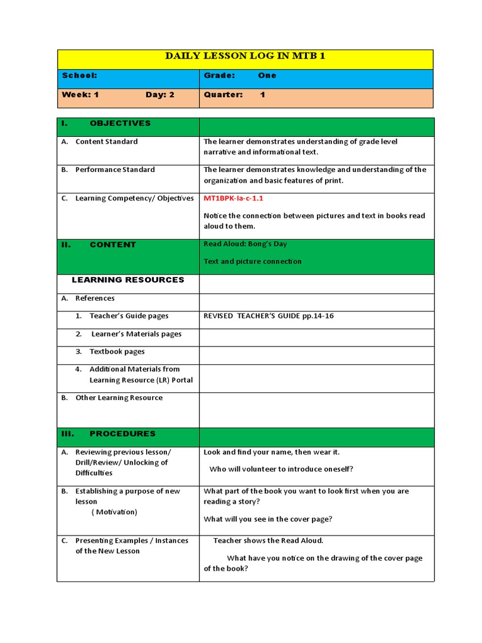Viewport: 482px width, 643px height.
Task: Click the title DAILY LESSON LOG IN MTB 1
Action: point(245,57)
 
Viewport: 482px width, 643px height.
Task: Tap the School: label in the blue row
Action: point(79,75)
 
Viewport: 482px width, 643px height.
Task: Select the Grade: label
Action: point(219,75)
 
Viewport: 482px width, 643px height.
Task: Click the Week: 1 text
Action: point(80,95)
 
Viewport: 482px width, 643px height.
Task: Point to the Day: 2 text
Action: point(160,95)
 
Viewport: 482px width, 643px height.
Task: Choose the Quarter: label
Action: point(223,95)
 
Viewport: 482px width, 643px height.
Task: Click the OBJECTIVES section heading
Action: point(120,123)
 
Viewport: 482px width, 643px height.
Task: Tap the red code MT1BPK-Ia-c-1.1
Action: point(233,198)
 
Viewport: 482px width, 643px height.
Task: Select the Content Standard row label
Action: point(106,141)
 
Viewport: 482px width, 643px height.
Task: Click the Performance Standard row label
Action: point(115,170)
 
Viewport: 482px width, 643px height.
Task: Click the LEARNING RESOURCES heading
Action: point(128,279)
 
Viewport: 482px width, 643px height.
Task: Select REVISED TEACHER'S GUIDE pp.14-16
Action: point(269,316)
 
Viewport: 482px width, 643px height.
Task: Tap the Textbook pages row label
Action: point(117,352)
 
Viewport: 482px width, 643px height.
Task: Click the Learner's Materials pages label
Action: point(136,334)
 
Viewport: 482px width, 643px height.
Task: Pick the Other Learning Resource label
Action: point(119,397)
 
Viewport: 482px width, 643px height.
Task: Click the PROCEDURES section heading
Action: point(122,434)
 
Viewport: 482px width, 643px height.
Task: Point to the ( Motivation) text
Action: point(114,512)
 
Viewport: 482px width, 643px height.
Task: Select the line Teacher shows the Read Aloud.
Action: point(268,540)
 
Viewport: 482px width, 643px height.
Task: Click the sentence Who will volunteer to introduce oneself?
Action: point(281,468)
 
